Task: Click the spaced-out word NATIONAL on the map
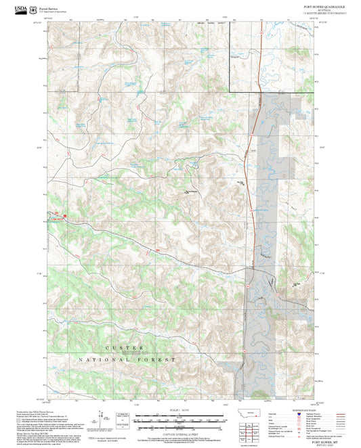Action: click(x=105, y=360)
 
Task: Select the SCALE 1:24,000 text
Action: click(x=171, y=410)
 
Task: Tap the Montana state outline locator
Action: click(x=253, y=413)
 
